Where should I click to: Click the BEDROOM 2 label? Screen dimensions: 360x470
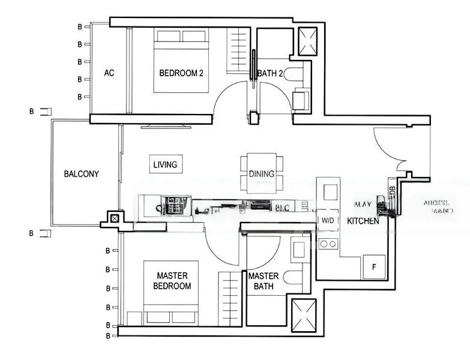[181, 73]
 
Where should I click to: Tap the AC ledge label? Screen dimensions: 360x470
[109, 73]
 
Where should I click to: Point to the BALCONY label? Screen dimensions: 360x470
[81, 174]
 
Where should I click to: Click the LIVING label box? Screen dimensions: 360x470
[165, 164]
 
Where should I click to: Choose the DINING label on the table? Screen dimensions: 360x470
[261, 174]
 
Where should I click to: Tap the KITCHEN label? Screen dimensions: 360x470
[363, 221]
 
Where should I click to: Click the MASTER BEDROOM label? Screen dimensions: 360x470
[172, 281]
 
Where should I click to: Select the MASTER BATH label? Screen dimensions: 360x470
[264, 281]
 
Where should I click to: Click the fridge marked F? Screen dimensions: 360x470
[374, 267]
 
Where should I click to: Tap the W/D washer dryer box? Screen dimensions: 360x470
[328, 221]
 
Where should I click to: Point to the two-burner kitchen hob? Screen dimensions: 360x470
[328, 244]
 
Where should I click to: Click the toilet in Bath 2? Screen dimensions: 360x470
[295, 74]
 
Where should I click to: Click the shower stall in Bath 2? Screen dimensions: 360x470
[310, 41]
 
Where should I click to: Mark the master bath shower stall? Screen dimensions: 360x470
[304, 314]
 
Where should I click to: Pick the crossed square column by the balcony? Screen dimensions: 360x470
[113, 219]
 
